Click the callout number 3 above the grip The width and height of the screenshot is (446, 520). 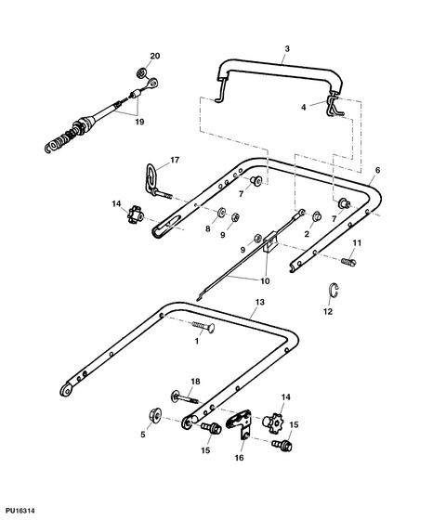[x=287, y=48]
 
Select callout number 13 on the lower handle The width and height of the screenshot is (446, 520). [x=260, y=304]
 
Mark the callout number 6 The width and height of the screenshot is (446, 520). [x=377, y=172]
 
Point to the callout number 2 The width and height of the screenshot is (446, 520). [x=307, y=234]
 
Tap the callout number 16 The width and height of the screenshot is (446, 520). [x=238, y=458]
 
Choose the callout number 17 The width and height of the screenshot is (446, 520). [x=175, y=159]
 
